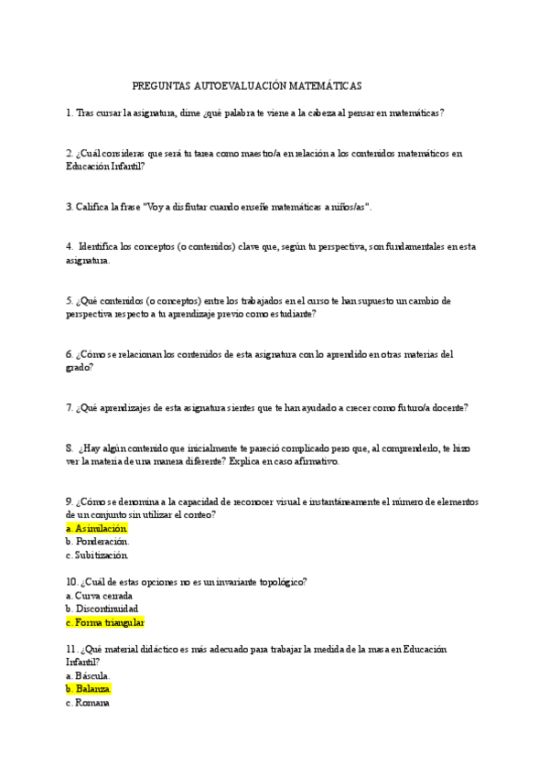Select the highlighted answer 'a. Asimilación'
coord(96,529)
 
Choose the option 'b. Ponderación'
coord(98,542)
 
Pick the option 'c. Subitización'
coord(97,555)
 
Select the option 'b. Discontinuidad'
coord(102,609)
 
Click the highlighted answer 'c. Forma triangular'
coord(105,622)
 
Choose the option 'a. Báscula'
coord(92,676)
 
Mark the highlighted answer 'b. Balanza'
coord(89,689)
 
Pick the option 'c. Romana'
coord(88,703)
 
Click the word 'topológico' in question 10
coord(279,582)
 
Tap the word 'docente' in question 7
coord(448,408)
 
